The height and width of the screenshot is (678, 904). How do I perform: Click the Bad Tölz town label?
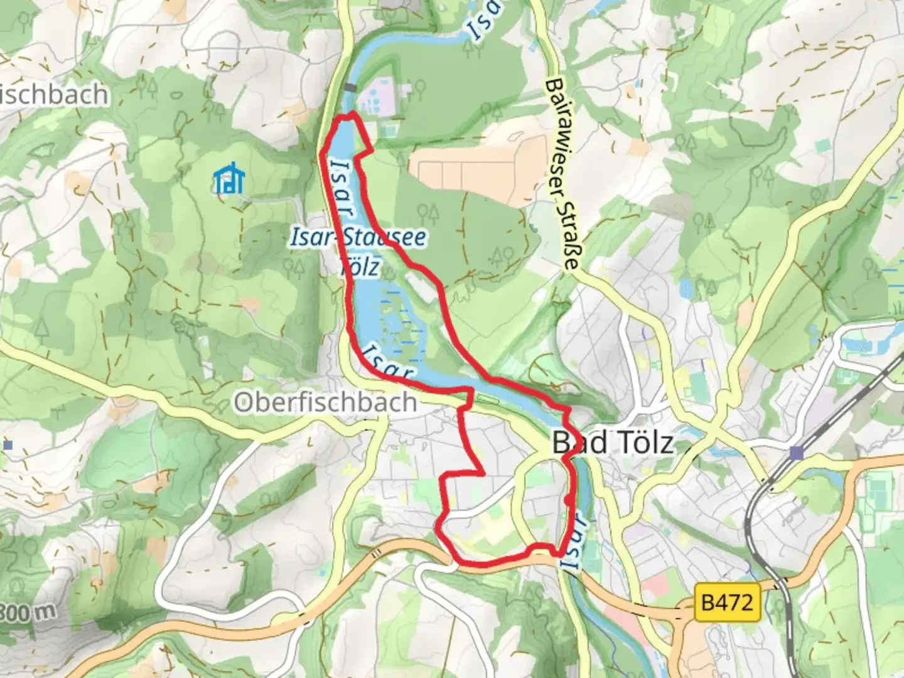[x=613, y=443]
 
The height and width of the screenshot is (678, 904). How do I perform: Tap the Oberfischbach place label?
[x=325, y=402]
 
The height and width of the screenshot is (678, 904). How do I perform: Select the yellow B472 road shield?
[x=727, y=603]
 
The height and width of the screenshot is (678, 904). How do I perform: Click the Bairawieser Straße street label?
[x=561, y=174]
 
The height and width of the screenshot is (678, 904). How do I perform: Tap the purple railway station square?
[x=797, y=453]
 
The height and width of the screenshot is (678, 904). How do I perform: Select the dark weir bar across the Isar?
[x=350, y=88]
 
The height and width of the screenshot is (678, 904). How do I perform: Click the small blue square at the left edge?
[x=8, y=445]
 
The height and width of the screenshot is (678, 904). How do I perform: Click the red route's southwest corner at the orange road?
[x=453, y=558]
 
